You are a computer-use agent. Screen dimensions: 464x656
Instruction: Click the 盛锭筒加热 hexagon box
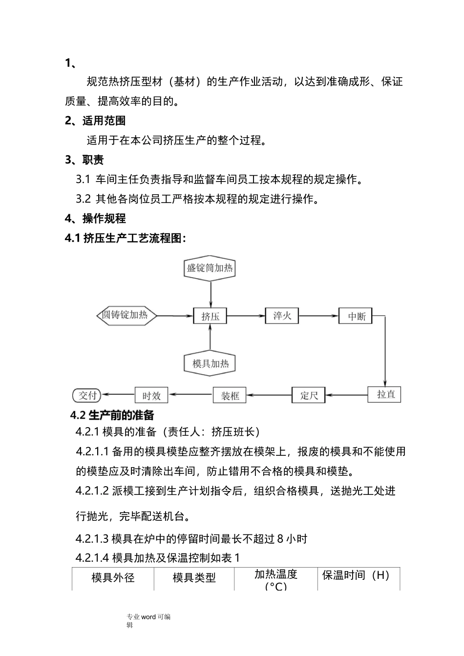pos(210,268)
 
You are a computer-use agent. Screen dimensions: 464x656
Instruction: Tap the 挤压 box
pos(211,316)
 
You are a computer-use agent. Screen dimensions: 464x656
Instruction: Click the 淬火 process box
pos(282,316)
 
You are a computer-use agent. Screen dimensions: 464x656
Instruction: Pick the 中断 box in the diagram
pos(356,316)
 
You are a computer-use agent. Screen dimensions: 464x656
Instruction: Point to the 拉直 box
pos(384,394)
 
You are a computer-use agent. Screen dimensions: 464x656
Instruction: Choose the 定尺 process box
pos(309,395)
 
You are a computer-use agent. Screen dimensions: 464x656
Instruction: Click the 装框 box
pos(230,395)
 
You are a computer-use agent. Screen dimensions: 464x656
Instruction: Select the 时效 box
pos(151,395)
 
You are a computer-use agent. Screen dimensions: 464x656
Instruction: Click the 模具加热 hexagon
pos(210,364)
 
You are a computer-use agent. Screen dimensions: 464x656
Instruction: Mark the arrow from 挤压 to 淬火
pos(246,316)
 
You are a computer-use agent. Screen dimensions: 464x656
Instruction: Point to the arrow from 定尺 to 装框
pos(269,395)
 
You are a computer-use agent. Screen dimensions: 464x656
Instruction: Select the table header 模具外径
pos(113,578)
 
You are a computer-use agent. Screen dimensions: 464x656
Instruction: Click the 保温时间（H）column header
pos(356,575)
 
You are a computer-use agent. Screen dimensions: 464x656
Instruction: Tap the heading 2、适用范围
pos(95,121)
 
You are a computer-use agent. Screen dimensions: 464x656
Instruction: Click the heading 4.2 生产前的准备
pos(112,415)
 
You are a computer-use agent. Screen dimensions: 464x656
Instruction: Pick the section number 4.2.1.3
pos(91,539)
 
